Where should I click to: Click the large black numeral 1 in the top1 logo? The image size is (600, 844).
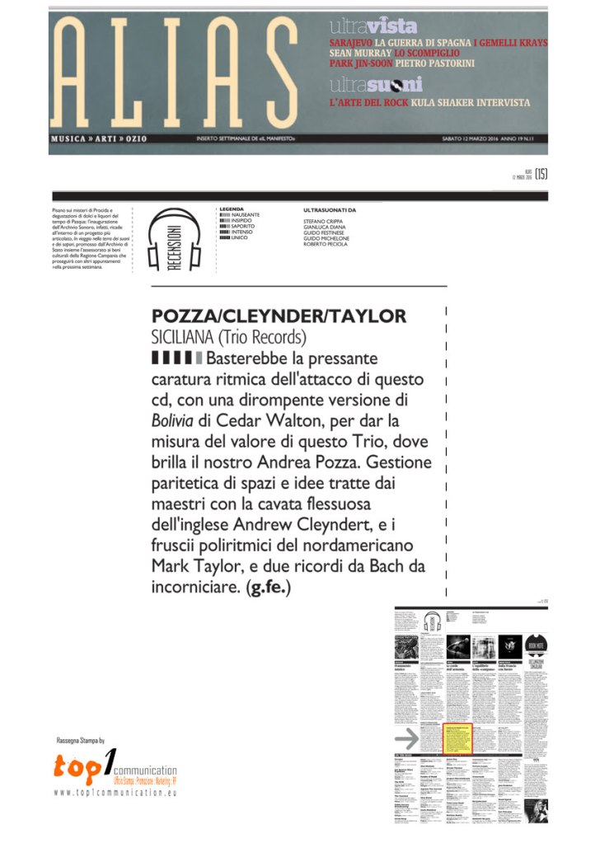pos(109,765)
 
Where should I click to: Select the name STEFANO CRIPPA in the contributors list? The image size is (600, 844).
pos(322,222)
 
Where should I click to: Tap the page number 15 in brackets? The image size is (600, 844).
pos(541,173)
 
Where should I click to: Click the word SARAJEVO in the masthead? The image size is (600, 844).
pos(351,42)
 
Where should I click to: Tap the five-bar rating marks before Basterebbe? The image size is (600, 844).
pos(177,359)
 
